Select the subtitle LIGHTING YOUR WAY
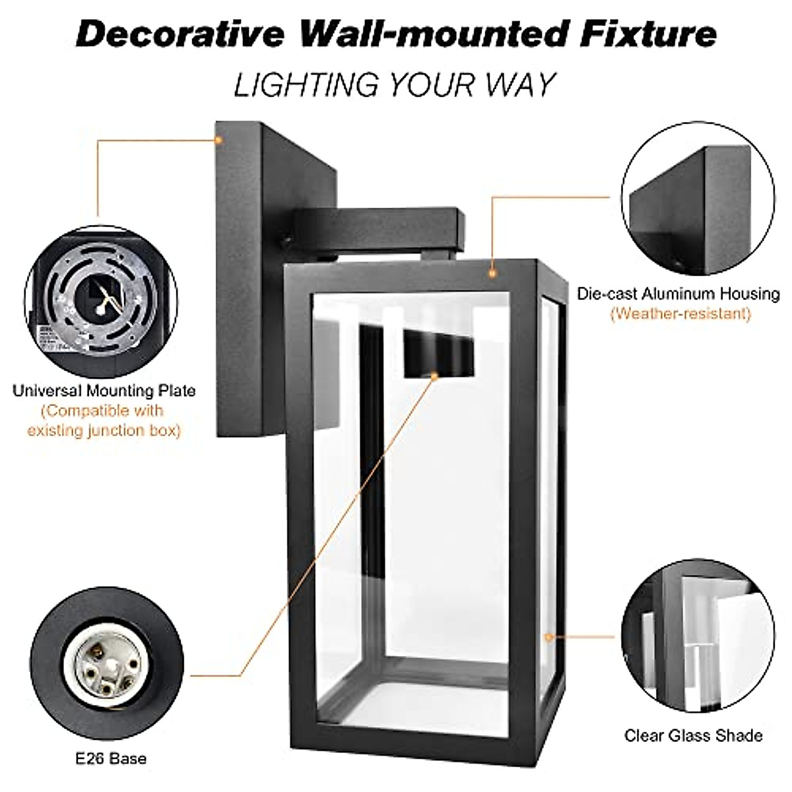(x=395, y=85)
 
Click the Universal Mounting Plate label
(x=104, y=391)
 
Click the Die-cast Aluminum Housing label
(x=678, y=294)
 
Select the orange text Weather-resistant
(x=680, y=313)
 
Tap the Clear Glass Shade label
(x=693, y=735)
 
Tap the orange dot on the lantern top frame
(x=492, y=272)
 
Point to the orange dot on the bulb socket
(x=435, y=376)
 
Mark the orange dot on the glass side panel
(x=547, y=637)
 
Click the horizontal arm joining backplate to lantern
(x=376, y=228)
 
